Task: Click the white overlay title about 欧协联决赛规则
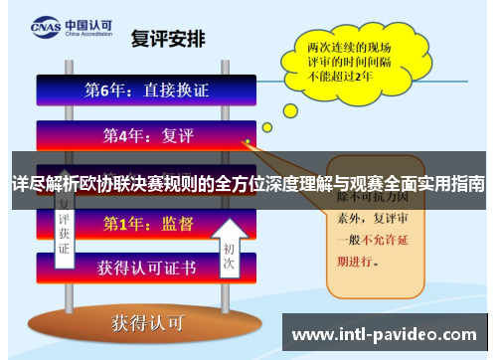pos(248,184)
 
